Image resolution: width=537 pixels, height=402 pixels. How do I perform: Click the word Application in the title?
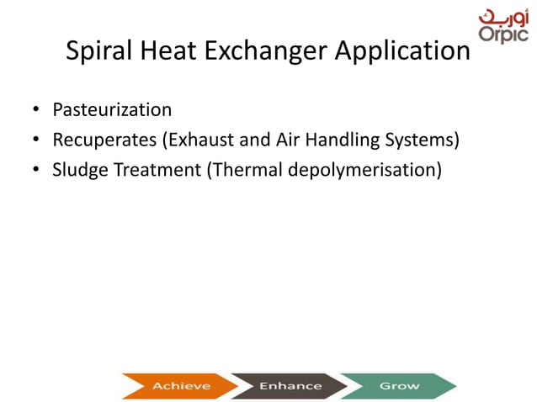pos(402,52)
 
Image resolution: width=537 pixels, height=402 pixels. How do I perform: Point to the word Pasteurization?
pos(112,110)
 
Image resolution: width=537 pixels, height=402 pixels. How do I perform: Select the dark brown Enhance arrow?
pos(289,386)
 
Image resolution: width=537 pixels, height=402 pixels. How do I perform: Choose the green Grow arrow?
pos(399,386)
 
